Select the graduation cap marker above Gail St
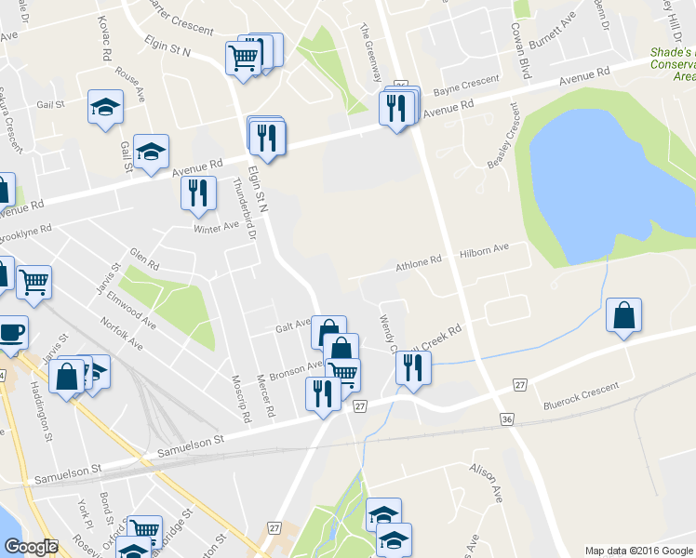click(x=105, y=106)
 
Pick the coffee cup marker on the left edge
click(x=11, y=332)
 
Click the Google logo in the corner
click(x=31, y=547)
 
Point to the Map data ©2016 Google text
click(x=637, y=551)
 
